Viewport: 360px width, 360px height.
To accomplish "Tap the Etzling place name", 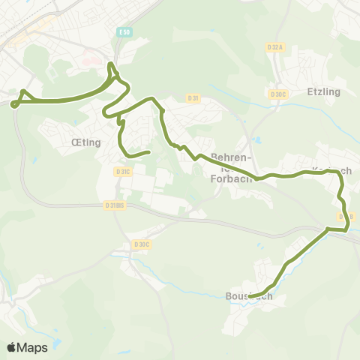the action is click(x=323, y=91).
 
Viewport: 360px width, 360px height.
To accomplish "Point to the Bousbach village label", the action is click(x=248, y=296).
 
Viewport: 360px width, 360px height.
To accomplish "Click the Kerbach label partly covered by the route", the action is click(x=331, y=170).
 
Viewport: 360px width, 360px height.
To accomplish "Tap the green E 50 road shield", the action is click(x=124, y=33).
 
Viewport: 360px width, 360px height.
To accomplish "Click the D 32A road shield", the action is click(x=275, y=46).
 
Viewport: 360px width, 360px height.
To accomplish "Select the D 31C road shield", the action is click(x=124, y=172).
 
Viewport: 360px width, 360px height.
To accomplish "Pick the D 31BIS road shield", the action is click(x=115, y=205).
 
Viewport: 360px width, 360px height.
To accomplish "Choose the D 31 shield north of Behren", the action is click(x=193, y=98).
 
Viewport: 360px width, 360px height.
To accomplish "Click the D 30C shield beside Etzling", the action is click(x=278, y=94).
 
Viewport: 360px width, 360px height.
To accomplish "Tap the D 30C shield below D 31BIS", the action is click(x=141, y=244).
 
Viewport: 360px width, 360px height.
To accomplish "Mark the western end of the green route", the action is click(x=14, y=104).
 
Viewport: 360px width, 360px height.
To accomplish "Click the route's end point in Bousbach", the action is click(x=250, y=295).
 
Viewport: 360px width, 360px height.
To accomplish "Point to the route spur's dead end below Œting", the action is click(x=149, y=152).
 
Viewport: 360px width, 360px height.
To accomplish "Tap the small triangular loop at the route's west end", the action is click(x=23, y=97).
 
